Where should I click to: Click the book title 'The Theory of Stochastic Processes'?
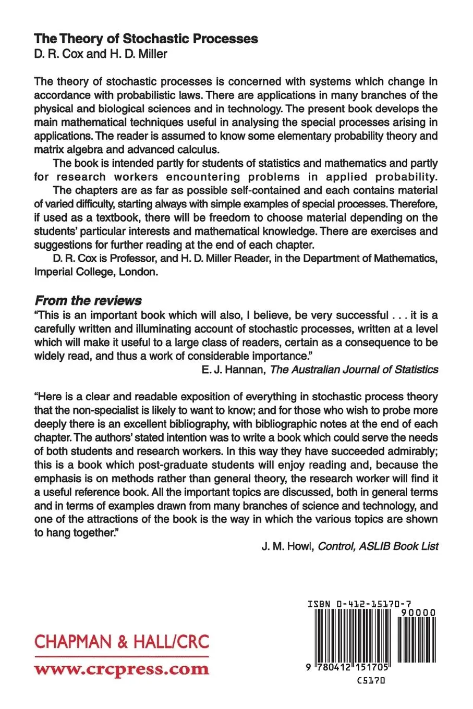pos(146,39)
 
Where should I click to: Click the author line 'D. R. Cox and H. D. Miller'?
pos(101,54)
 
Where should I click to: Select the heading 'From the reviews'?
pos(88,301)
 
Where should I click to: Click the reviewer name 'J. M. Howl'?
pos(286,547)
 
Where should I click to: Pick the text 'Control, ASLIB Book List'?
pos(378,547)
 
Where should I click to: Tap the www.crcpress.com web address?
pos(122,669)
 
